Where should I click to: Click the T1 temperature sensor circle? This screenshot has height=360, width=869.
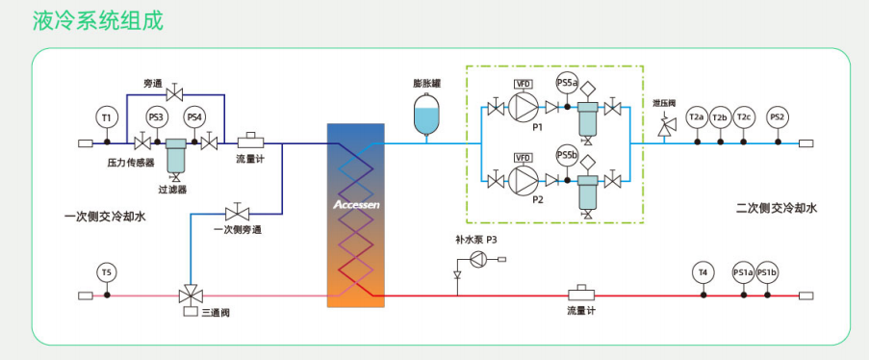pos(107,117)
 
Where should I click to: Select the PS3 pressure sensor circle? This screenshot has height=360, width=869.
pos(157,117)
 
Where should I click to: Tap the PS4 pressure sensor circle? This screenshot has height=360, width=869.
pos(194,117)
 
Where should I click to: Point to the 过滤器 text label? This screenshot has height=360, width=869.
pos(172,190)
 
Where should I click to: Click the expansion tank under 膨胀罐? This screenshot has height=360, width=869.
pos(426,115)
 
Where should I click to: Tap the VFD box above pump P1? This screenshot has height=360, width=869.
pos(524,85)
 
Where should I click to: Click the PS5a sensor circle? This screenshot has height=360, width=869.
pos(567,83)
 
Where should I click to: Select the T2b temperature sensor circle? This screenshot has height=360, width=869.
pos(720,117)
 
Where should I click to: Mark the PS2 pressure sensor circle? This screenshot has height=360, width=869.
pos(779,117)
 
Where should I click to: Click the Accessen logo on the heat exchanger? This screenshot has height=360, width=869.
pos(356,205)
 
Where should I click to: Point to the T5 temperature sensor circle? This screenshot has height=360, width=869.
pos(107,272)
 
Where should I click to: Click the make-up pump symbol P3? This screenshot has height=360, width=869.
pos(477,259)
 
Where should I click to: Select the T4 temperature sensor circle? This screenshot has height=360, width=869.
pos(703,272)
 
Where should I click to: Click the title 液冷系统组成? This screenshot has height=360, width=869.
pos(97,21)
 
